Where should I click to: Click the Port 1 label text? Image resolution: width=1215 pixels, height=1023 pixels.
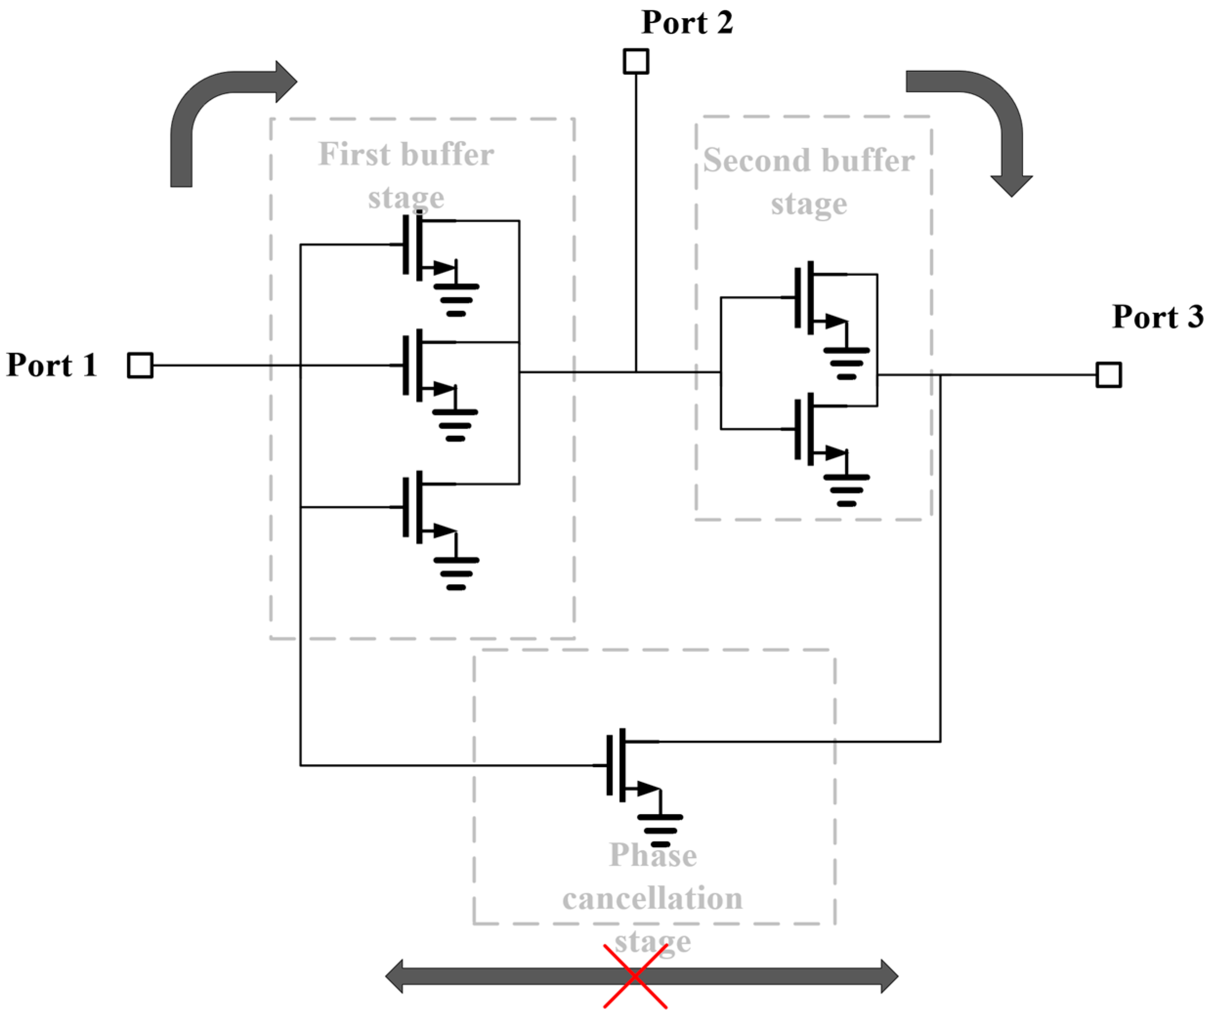coord(52,365)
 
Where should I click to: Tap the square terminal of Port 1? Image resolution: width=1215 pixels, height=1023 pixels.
coord(140,365)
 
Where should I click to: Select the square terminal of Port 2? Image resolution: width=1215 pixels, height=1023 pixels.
coord(636,61)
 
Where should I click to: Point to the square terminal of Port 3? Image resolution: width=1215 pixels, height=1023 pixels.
coord(1108,375)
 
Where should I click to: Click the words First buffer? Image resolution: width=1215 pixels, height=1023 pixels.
coord(406,155)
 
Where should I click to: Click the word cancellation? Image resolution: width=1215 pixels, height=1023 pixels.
coord(652,899)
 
